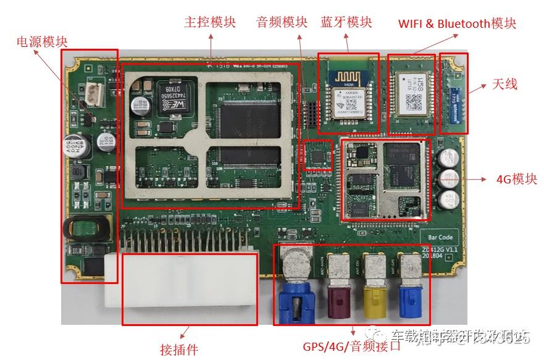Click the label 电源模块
(x=42, y=41)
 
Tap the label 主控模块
(x=210, y=23)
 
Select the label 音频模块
(x=282, y=23)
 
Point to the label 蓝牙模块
(x=346, y=23)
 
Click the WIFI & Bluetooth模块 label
(x=457, y=23)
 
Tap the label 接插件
(x=179, y=350)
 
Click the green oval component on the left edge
(x=86, y=228)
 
